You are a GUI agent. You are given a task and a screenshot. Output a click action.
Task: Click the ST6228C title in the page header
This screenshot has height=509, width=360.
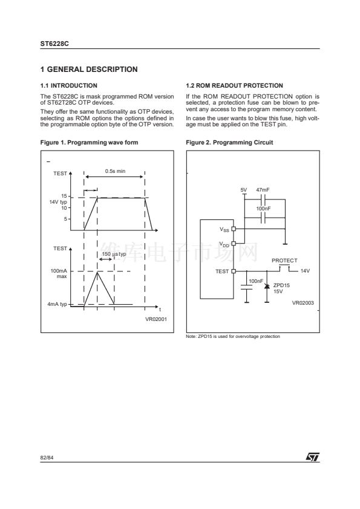coord(54,44)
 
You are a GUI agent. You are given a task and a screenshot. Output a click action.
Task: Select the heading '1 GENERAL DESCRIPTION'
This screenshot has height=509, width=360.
coord(89,70)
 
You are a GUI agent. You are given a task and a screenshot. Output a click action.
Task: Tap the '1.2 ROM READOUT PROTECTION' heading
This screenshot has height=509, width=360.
coord(234,86)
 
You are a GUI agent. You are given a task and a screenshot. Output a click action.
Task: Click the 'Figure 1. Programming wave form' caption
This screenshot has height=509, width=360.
coord(89,143)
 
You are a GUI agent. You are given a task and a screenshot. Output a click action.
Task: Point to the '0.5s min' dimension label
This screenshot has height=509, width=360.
coord(115,171)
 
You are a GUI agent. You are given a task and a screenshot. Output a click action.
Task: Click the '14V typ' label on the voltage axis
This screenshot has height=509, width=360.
coord(58,202)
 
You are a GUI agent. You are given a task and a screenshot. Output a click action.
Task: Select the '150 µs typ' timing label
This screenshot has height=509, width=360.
coord(114,254)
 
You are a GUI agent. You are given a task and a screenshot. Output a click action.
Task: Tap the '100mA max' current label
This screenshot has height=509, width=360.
coord(59,274)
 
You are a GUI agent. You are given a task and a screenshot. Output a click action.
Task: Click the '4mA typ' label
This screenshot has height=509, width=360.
coord(57,304)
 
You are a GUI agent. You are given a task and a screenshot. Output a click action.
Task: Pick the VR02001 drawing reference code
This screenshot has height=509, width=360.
coord(156,319)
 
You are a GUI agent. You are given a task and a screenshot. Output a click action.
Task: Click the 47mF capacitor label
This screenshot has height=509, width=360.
coord(263,190)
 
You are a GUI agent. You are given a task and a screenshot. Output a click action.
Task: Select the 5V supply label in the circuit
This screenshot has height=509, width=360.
coord(244,190)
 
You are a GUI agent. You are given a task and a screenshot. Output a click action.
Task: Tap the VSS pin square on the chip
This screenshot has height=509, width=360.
coord(234,229)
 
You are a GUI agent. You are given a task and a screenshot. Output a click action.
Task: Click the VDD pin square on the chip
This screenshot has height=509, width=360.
coord(234,243)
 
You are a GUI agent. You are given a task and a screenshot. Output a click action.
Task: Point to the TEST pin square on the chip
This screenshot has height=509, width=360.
coord(234,271)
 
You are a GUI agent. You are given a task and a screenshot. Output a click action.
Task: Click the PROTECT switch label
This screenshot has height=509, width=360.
coord(284,261)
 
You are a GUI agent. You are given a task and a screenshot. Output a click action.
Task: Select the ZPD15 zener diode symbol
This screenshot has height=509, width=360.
coord(267,286)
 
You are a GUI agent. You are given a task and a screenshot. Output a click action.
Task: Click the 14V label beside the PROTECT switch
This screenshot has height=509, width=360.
coord(305,271)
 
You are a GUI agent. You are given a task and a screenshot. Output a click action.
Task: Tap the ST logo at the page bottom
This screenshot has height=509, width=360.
coord(313,457)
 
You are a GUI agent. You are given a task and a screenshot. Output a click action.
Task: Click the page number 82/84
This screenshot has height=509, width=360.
coord(47,458)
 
